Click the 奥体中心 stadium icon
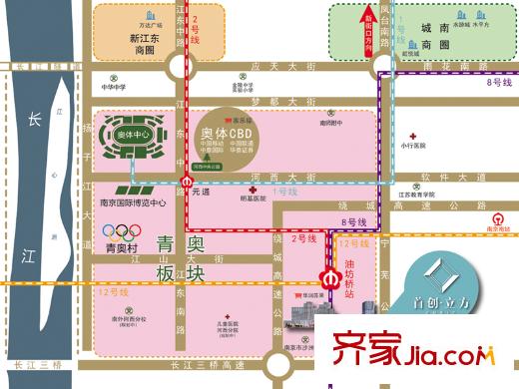[139, 144]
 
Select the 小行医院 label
[416, 145]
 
